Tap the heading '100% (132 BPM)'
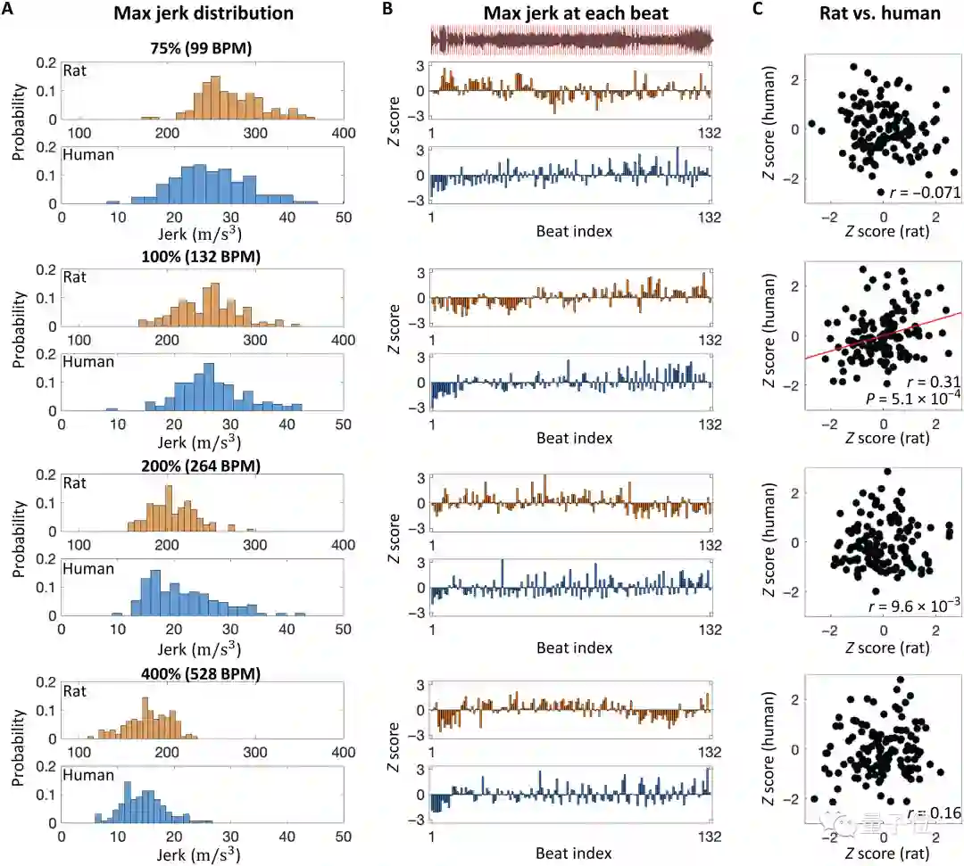[x=202, y=257]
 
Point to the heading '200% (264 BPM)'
[x=202, y=466]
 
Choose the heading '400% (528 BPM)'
[x=202, y=674]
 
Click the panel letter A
[x=9, y=11]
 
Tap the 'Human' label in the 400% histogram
[x=87, y=775]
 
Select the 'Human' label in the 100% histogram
[x=87, y=361]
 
